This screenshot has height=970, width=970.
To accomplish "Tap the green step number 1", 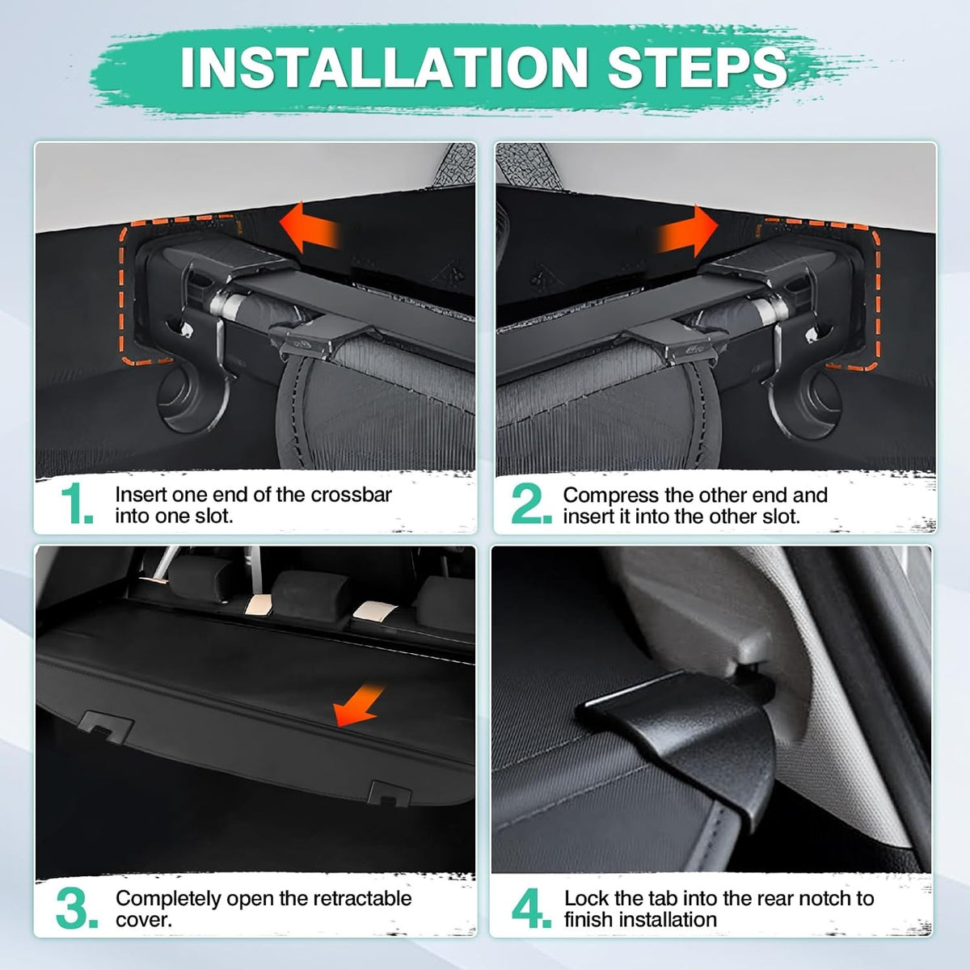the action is (x=77, y=504).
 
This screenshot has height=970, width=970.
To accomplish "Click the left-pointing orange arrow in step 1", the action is (x=310, y=227).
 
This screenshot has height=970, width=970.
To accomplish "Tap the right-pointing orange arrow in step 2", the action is (x=687, y=230).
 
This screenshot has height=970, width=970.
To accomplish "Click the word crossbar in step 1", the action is (x=352, y=495).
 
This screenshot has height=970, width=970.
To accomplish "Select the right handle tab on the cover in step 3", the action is (x=389, y=794).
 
